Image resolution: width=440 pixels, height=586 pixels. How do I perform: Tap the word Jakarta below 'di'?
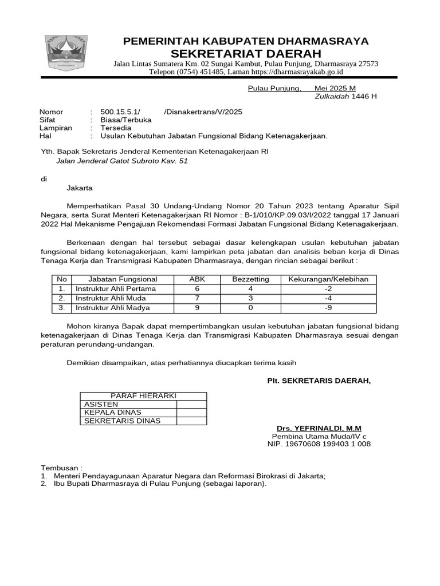[x=80, y=188]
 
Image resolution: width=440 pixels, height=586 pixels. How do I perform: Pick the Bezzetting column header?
[x=250, y=279]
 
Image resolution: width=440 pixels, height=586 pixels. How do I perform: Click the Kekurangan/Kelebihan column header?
[x=328, y=279]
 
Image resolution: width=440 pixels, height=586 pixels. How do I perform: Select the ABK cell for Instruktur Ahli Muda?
[x=197, y=298]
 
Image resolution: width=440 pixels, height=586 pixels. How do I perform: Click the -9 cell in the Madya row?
[x=328, y=308]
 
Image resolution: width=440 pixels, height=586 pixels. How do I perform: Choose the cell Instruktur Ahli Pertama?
[x=116, y=289]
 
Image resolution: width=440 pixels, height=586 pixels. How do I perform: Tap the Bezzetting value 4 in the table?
[x=250, y=289]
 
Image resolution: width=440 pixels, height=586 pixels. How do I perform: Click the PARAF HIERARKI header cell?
[x=143, y=396]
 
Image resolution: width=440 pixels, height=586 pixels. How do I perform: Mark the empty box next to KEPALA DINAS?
[x=191, y=412]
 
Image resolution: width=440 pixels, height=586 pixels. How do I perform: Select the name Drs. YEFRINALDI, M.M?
[x=319, y=429]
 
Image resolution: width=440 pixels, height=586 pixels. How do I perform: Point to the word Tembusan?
[x=60, y=468]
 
